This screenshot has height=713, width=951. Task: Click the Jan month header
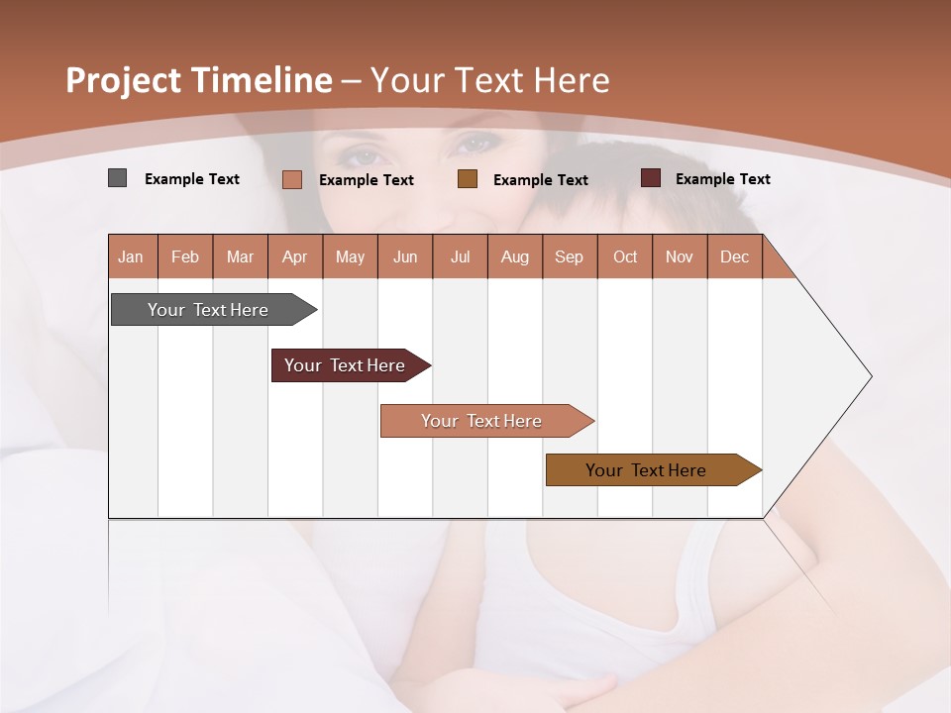click(131, 256)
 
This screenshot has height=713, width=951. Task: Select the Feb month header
click(185, 256)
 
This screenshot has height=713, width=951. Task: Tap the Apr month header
click(294, 256)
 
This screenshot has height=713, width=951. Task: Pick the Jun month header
click(405, 256)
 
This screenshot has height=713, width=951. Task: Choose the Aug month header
click(514, 256)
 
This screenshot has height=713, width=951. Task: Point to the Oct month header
click(625, 256)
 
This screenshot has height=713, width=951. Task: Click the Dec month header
click(734, 256)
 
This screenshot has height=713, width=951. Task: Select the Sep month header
click(569, 256)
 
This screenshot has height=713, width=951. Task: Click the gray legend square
click(117, 178)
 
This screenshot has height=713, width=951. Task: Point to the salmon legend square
click(291, 179)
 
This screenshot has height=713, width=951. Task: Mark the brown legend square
click(468, 179)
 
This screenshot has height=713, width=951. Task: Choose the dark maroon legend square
click(650, 178)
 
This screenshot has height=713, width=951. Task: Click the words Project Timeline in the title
click(198, 80)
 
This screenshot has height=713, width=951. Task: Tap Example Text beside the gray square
click(192, 179)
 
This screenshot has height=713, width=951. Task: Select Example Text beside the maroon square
click(722, 179)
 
